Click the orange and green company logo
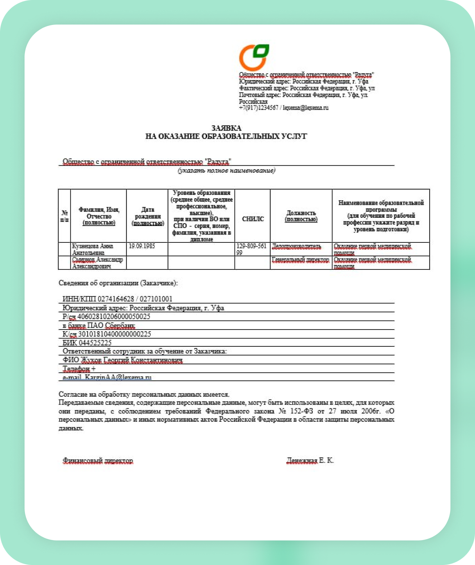click(x=254, y=57)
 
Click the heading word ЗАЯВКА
click(x=226, y=128)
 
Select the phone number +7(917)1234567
click(x=258, y=108)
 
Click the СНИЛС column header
click(x=253, y=219)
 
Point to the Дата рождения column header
click(x=147, y=216)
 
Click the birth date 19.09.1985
click(x=142, y=246)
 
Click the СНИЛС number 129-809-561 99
click(x=251, y=249)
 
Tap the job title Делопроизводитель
click(x=296, y=246)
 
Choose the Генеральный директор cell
click(x=301, y=260)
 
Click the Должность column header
click(x=301, y=216)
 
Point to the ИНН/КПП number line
click(x=118, y=299)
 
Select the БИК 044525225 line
click(x=87, y=343)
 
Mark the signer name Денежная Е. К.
click(x=310, y=461)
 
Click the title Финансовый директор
click(x=98, y=461)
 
